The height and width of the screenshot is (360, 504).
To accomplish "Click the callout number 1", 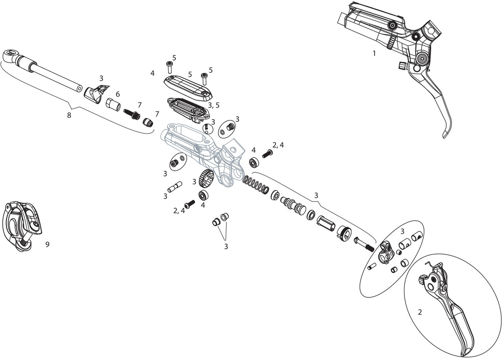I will tap(374, 53).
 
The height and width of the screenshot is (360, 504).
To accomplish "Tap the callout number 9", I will tap(47, 244).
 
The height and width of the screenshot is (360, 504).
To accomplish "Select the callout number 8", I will tap(69, 116).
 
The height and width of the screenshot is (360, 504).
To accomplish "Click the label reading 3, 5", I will tap(213, 105).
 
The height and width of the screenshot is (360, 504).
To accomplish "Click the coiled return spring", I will tap(256, 185).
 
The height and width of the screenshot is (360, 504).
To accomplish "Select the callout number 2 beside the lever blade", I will tap(420, 312).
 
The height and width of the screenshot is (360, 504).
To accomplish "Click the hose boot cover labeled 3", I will tap(96, 94).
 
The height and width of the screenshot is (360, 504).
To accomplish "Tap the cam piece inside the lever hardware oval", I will tap(384, 253).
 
